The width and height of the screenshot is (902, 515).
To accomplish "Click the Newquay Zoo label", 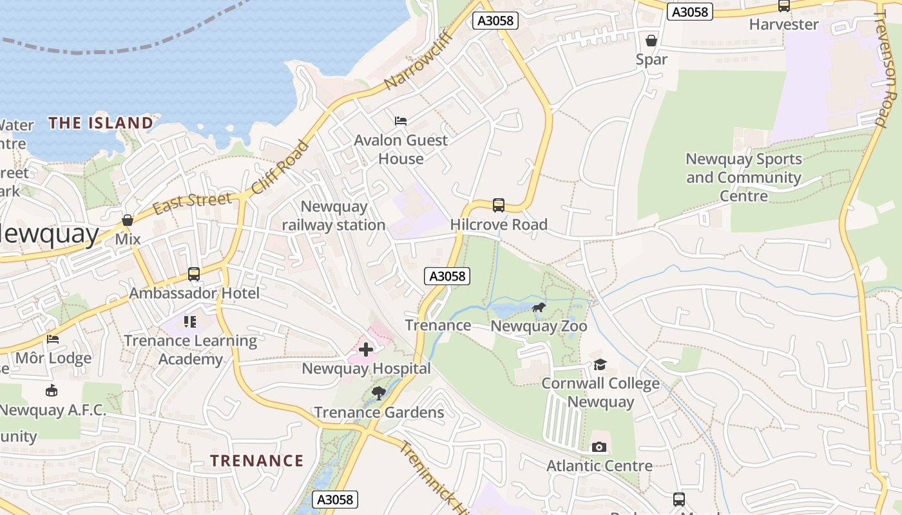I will [539, 326].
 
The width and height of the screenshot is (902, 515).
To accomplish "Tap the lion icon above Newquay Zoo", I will [539, 308].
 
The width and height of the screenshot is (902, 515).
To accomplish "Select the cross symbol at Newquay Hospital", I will [366, 350].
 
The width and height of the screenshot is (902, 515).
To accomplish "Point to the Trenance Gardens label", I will [379, 413].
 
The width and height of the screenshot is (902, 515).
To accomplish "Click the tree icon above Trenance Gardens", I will [379, 393].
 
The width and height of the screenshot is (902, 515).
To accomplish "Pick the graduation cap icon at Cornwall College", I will [600, 365].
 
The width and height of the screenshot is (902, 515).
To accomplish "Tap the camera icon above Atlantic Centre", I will [599, 447].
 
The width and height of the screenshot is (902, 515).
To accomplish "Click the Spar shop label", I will [651, 59].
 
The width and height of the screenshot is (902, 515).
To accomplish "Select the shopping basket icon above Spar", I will [651, 41].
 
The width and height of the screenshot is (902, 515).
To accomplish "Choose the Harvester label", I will [783, 24].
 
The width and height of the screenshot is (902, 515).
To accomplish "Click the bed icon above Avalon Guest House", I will [400, 120].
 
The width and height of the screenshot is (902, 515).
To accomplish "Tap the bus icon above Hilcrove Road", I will [499, 205].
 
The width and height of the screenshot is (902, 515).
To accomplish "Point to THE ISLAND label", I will [101, 123].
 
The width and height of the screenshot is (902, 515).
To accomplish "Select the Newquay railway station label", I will [334, 216].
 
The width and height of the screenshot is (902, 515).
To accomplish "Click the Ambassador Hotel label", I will [194, 294].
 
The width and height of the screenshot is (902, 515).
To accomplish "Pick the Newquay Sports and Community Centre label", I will [744, 178].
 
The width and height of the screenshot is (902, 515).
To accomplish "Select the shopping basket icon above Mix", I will [128, 221].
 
